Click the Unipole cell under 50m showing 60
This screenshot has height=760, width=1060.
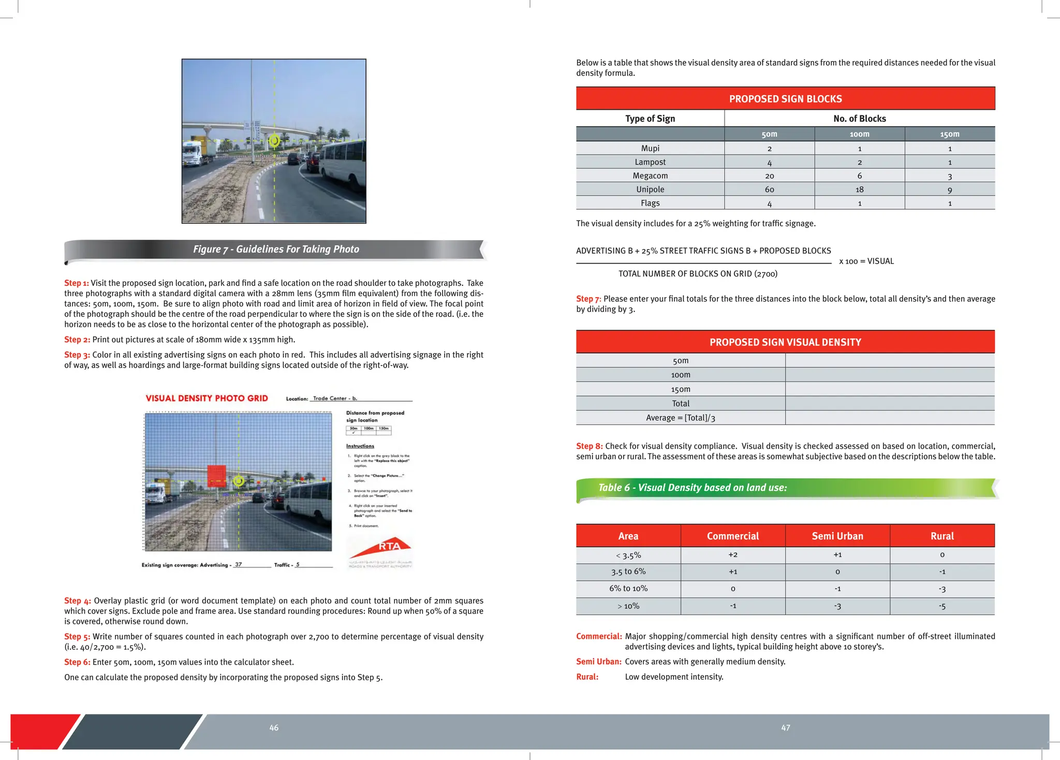[x=769, y=189]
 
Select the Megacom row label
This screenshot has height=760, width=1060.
[x=650, y=176]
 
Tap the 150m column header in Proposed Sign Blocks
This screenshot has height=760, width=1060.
[x=949, y=134]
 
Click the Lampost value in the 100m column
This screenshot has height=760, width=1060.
[x=859, y=162]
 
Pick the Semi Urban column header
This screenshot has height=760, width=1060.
[x=837, y=536]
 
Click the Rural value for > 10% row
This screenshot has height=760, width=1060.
[x=942, y=606]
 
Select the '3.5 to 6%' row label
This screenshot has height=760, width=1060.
[x=628, y=572]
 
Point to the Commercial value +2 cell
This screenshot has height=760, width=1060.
[x=732, y=555]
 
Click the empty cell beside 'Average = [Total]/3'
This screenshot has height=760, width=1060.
[x=889, y=418]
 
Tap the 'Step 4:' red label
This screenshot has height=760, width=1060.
[x=77, y=601]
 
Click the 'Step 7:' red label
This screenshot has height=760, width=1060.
[x=588, y=299]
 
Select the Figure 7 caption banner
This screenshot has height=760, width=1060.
[x=276, y=250]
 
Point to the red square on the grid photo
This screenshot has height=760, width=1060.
[x=216, y=475]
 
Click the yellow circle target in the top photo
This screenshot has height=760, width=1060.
[x=274, y=140]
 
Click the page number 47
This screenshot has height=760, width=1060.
[x=785, y=728]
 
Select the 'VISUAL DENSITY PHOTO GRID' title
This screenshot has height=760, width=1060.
[x=207, y=398]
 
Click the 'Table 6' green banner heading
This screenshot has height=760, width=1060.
[x=692, y=488]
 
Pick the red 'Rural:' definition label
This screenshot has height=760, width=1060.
[x=587, y=677]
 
